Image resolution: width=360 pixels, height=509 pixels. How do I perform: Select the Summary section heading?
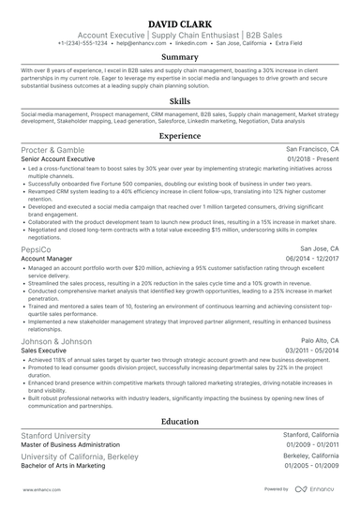pos(179,57)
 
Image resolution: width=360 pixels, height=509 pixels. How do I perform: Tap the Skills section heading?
pos(179,99)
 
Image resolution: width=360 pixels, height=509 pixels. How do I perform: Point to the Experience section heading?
pos(179,136)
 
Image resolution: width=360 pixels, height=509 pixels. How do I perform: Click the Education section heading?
pos(179,422)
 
